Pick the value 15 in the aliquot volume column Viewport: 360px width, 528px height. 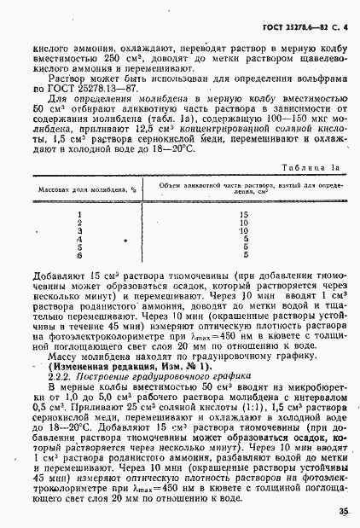tap(244, 216)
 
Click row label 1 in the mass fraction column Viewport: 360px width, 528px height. tap(79, 216)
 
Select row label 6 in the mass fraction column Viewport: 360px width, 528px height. tap(79, 254)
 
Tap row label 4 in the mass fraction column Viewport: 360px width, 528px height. tap(79, 239)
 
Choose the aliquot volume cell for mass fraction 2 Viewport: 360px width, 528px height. tap(244, 223)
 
